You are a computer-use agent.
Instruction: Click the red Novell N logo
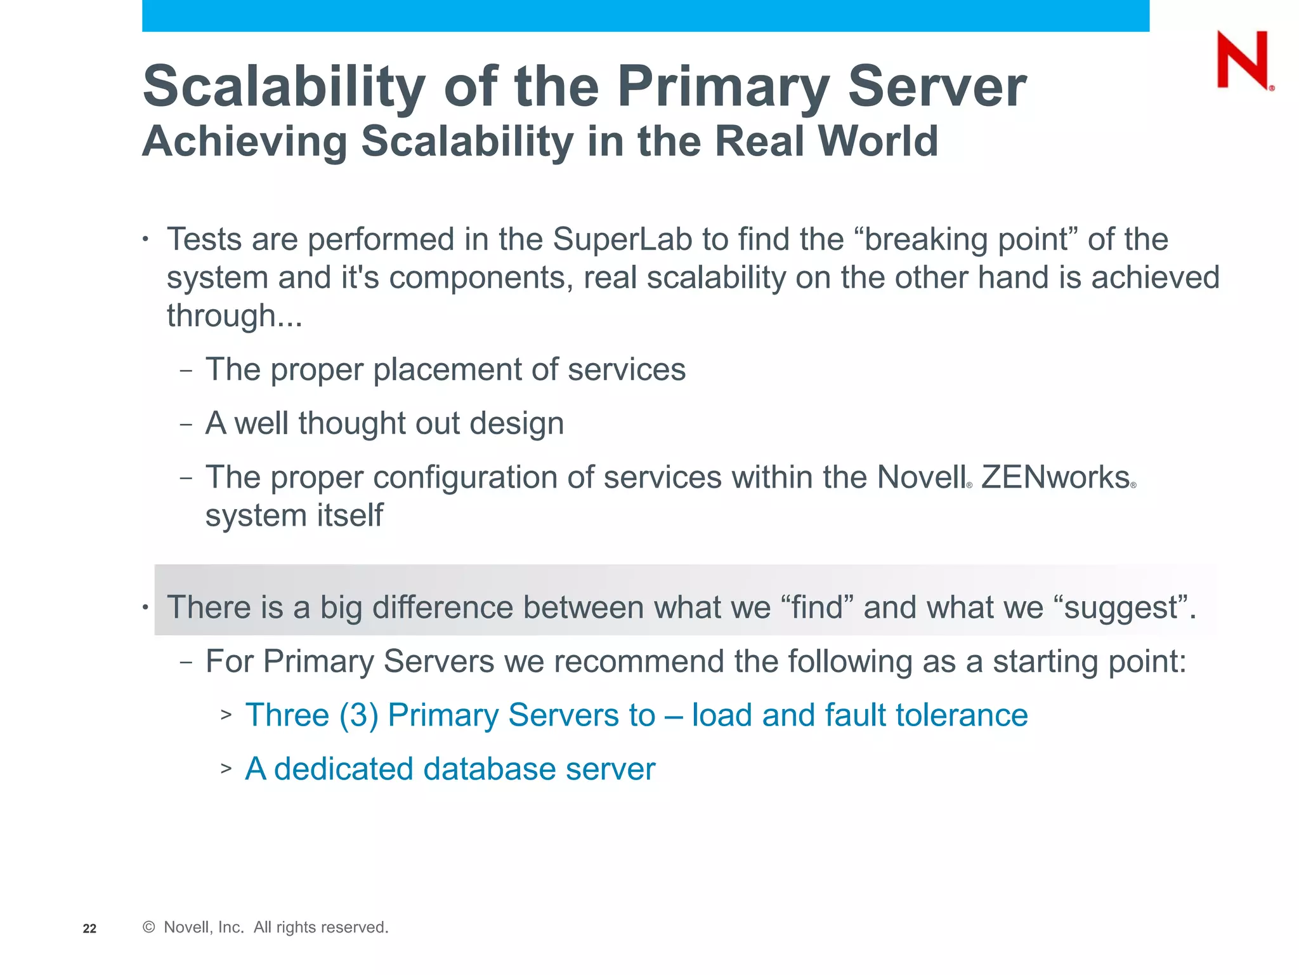tap(1243, 60)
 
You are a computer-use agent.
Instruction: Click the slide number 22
tap(89, 929)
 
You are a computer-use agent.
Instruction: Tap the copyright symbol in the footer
tap(149, 927)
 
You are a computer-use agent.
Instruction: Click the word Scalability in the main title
tap(284, 87)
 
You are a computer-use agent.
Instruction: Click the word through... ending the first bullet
tap(235, 316)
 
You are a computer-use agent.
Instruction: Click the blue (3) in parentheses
tap(359, 715)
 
